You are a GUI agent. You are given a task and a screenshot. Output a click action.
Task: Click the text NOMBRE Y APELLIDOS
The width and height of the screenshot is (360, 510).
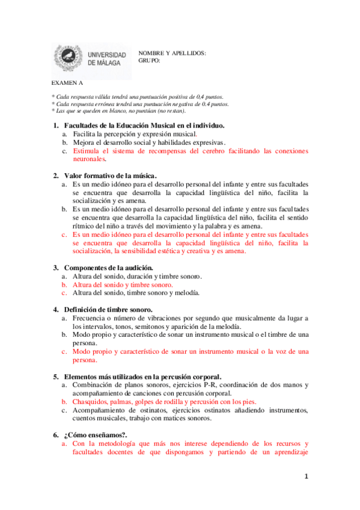pos(172,53)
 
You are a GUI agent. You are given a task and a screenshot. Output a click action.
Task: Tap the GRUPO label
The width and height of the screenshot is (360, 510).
pos(149,60)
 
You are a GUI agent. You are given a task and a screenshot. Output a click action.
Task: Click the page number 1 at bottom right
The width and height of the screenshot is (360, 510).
pos(306,477)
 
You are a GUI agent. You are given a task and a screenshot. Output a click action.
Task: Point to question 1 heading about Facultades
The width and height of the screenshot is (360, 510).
pos(144,125)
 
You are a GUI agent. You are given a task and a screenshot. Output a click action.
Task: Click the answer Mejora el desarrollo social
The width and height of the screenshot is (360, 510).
pos(148,143)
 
